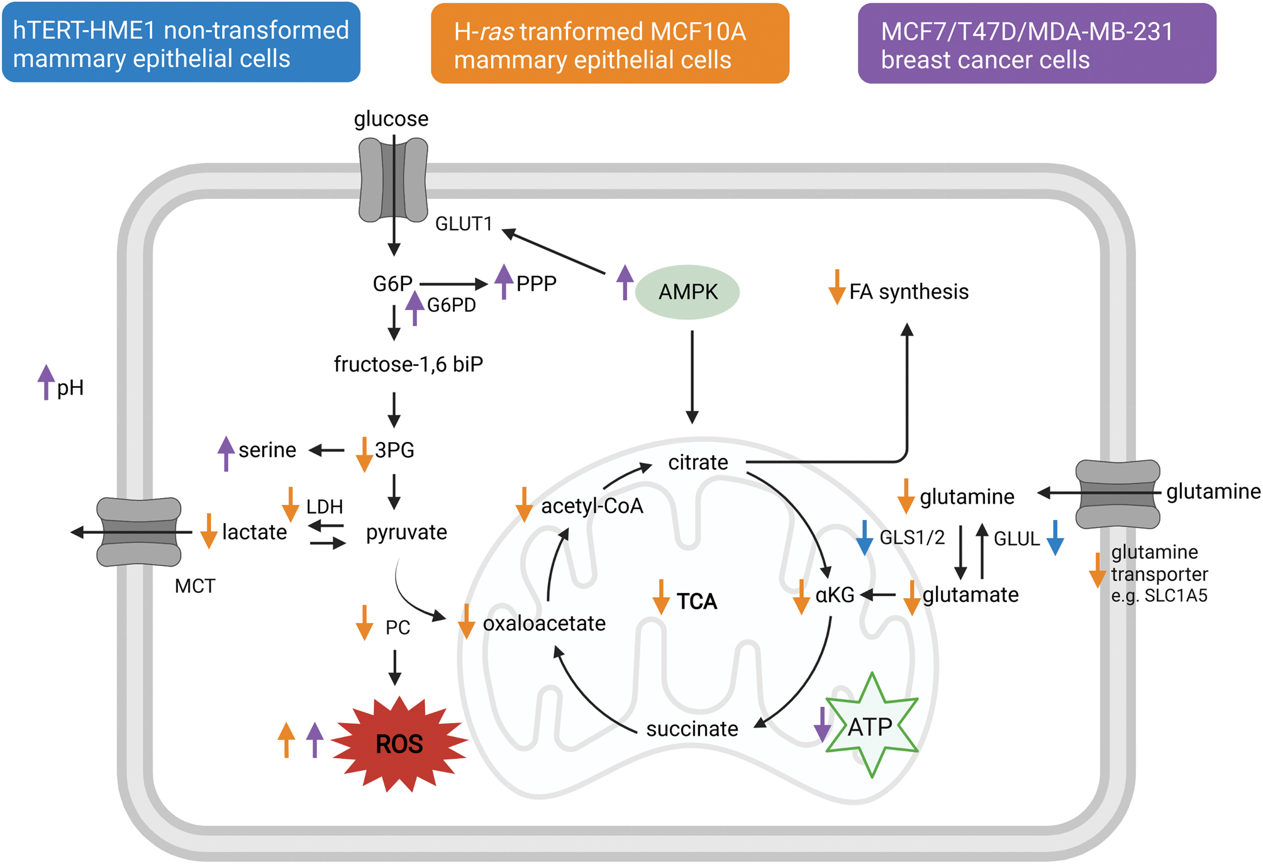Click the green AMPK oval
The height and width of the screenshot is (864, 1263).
(x=687, y=292)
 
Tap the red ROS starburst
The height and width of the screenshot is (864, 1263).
(x=399, y=744)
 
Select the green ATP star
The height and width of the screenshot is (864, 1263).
(x=872, y=727)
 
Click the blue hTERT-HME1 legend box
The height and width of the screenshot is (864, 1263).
(x=181, y=43)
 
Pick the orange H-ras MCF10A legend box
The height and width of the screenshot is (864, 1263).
(x=609, y=44)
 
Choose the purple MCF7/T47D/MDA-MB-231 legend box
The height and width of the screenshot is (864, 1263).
(x=1037, y=44)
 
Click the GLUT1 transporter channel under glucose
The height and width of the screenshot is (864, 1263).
(x=393, y=180)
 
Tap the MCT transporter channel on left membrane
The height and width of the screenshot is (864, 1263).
(x=139, y=532)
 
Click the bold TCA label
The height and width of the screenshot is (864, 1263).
(x=697, y=602)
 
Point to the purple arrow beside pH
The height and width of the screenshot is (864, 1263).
(x=45, y=382)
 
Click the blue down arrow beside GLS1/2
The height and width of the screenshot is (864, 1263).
(x=864, y=538)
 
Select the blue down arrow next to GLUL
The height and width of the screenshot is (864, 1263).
(x=1055, y=538)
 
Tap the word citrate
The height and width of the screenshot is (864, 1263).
(x=698, y=463)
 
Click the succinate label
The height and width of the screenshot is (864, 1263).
(x=692, y=729)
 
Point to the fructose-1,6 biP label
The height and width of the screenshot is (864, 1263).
(x=408, y=364)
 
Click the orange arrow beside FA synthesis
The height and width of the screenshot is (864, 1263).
(x=837, y=287)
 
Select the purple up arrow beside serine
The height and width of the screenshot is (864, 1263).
(x=226, y=453)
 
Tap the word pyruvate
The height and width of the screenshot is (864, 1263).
(x=406, y=533)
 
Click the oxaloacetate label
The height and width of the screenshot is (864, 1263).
(x=544, y=623)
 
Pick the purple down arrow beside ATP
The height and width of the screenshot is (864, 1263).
(x=822, y=724)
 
